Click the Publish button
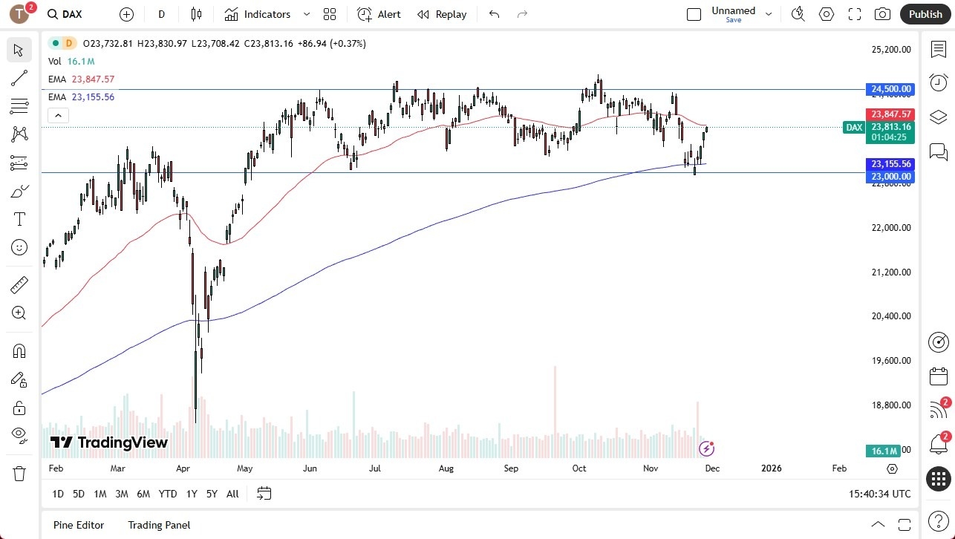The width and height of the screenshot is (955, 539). pos(925,14)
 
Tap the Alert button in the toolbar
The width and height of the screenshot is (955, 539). pos(379,14)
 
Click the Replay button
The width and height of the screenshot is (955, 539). pos(442,14)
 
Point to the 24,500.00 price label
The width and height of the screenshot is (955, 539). pos(890,89)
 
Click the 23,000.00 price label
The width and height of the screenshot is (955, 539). pos(890,177)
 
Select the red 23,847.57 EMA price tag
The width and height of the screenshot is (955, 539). pos(890,114)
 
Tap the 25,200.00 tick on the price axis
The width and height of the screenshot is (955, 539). pos(890,50)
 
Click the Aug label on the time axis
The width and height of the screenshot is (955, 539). pos(446,468)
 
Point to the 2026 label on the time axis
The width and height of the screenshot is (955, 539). pos(771,468)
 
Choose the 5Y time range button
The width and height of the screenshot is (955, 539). pos(212,494)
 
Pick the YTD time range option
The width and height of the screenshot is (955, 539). pos(168,494)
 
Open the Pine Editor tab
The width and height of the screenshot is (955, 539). pos(79,525)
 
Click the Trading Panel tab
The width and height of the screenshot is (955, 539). pos(159,525)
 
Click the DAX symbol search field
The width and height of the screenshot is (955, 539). pos(72,14)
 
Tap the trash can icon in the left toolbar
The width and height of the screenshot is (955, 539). pos(19,473)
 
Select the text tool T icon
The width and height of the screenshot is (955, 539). pos(19,219)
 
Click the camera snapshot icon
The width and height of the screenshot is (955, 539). pos(882,14)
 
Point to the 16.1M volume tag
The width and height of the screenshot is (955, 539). pos(883,451)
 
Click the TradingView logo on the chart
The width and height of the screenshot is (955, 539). pos(109,443)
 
